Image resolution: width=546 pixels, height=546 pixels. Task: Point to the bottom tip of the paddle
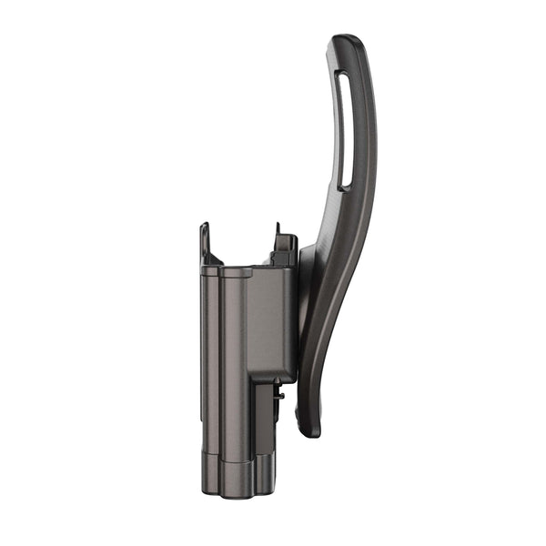click(x=309, y=428)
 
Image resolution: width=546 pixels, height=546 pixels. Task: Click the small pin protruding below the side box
click(x=281, y=396)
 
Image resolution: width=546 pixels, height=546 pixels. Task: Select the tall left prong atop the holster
click(x=206, y=243)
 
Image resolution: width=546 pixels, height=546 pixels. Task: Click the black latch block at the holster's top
click(x=284, y=252)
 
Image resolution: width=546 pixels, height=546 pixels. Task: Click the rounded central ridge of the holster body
click(x=234, y=364)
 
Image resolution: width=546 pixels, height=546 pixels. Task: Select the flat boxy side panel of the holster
click(x=270, y=323)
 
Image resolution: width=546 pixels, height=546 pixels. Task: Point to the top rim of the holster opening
click(x=227, y=270)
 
